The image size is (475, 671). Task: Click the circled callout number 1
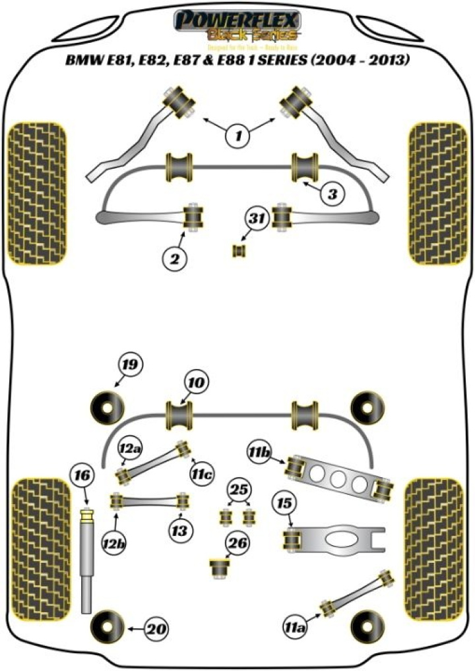click(x=239, y=136)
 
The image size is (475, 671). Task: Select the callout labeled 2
click(x=174, y=259)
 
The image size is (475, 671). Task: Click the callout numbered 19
click(x=131, y=365)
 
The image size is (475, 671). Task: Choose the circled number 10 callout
click(x=197, y=382)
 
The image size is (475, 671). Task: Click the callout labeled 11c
click(x=203, y=473)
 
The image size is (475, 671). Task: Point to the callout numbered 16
click(x=83, y=475)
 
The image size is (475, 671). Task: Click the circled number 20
click(x=154, y=629)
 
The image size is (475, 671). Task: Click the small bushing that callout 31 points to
click(x=238, y=251)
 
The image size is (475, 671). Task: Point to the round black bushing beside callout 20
click(x=107, y=627)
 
